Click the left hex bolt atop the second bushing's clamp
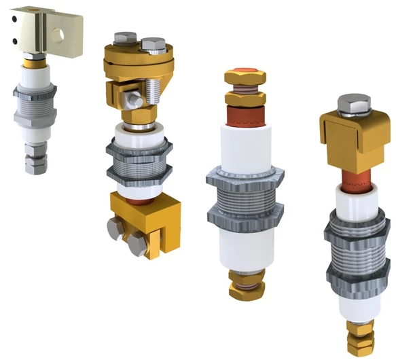pos(123,39)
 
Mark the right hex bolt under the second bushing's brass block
pos(139,242)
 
